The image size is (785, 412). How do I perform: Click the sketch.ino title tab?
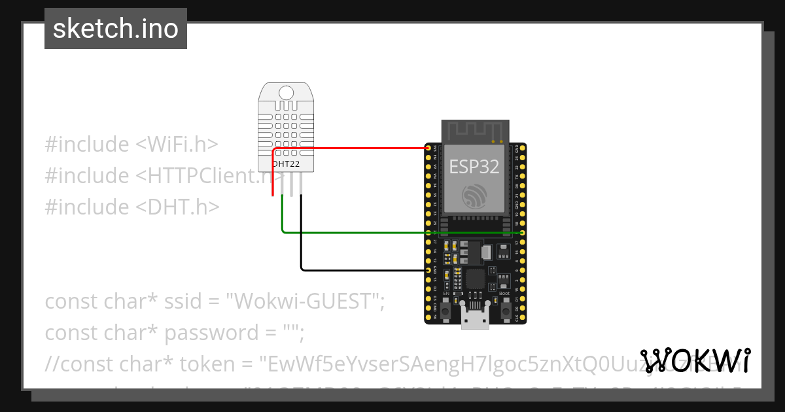[116, 29]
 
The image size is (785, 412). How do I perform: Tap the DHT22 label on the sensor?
[287, 163]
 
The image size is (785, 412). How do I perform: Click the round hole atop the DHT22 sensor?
[287, 92]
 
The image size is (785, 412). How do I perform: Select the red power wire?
[353, 148]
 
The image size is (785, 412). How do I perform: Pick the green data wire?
[392, 232]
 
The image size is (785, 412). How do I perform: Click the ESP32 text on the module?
[474, 167]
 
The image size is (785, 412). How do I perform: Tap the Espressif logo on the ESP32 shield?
[474, 196]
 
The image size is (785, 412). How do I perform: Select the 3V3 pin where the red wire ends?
[428, 148]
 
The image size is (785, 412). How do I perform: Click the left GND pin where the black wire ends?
[428, 269]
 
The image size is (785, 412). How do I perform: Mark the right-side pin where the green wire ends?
[521, 232]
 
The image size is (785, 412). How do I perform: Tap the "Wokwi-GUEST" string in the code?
[305, 301]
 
